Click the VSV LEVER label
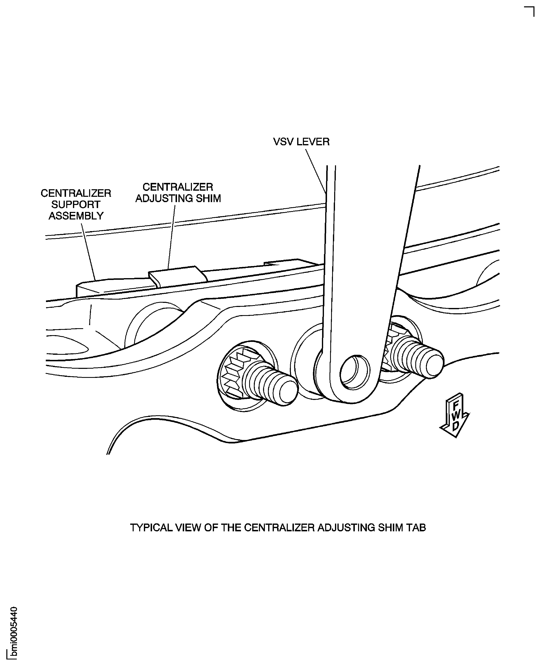point(301,142)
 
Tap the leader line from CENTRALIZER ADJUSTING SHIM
point(171,237)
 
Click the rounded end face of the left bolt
point(288,393)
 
